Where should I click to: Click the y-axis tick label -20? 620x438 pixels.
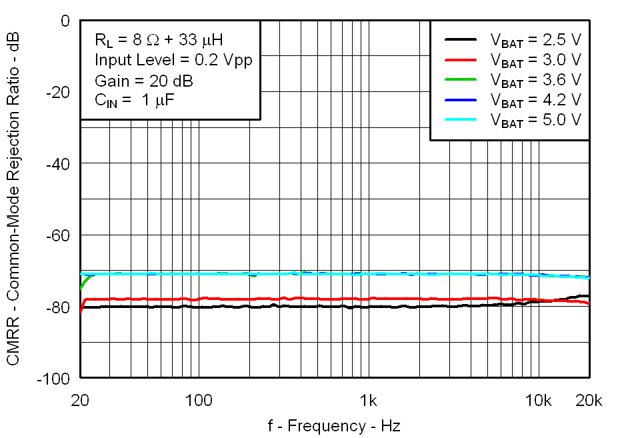[x=57, y=93]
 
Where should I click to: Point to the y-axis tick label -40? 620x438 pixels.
[x=57, y=164]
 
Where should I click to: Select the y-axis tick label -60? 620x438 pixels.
[x=57, y=235]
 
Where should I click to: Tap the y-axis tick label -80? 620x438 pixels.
[x=57, y=307]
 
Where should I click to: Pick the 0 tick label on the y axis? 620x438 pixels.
[x=65, y=21]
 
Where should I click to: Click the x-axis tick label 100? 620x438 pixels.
[x=198, y=401]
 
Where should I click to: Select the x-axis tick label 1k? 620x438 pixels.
[x=368, y=401]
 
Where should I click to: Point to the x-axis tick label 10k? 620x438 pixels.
[x=538, y=401]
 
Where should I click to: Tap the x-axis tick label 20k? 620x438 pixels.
[x=589, y=401]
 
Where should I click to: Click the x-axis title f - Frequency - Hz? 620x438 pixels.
[x=334, y=426]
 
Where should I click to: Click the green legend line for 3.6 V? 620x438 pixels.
[x=461, y=79]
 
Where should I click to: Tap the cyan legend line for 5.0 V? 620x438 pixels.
[x=461, y=119]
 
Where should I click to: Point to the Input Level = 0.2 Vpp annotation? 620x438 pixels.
[x=173, y=60]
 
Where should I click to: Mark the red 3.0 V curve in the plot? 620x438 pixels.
[x=300, y=299]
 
